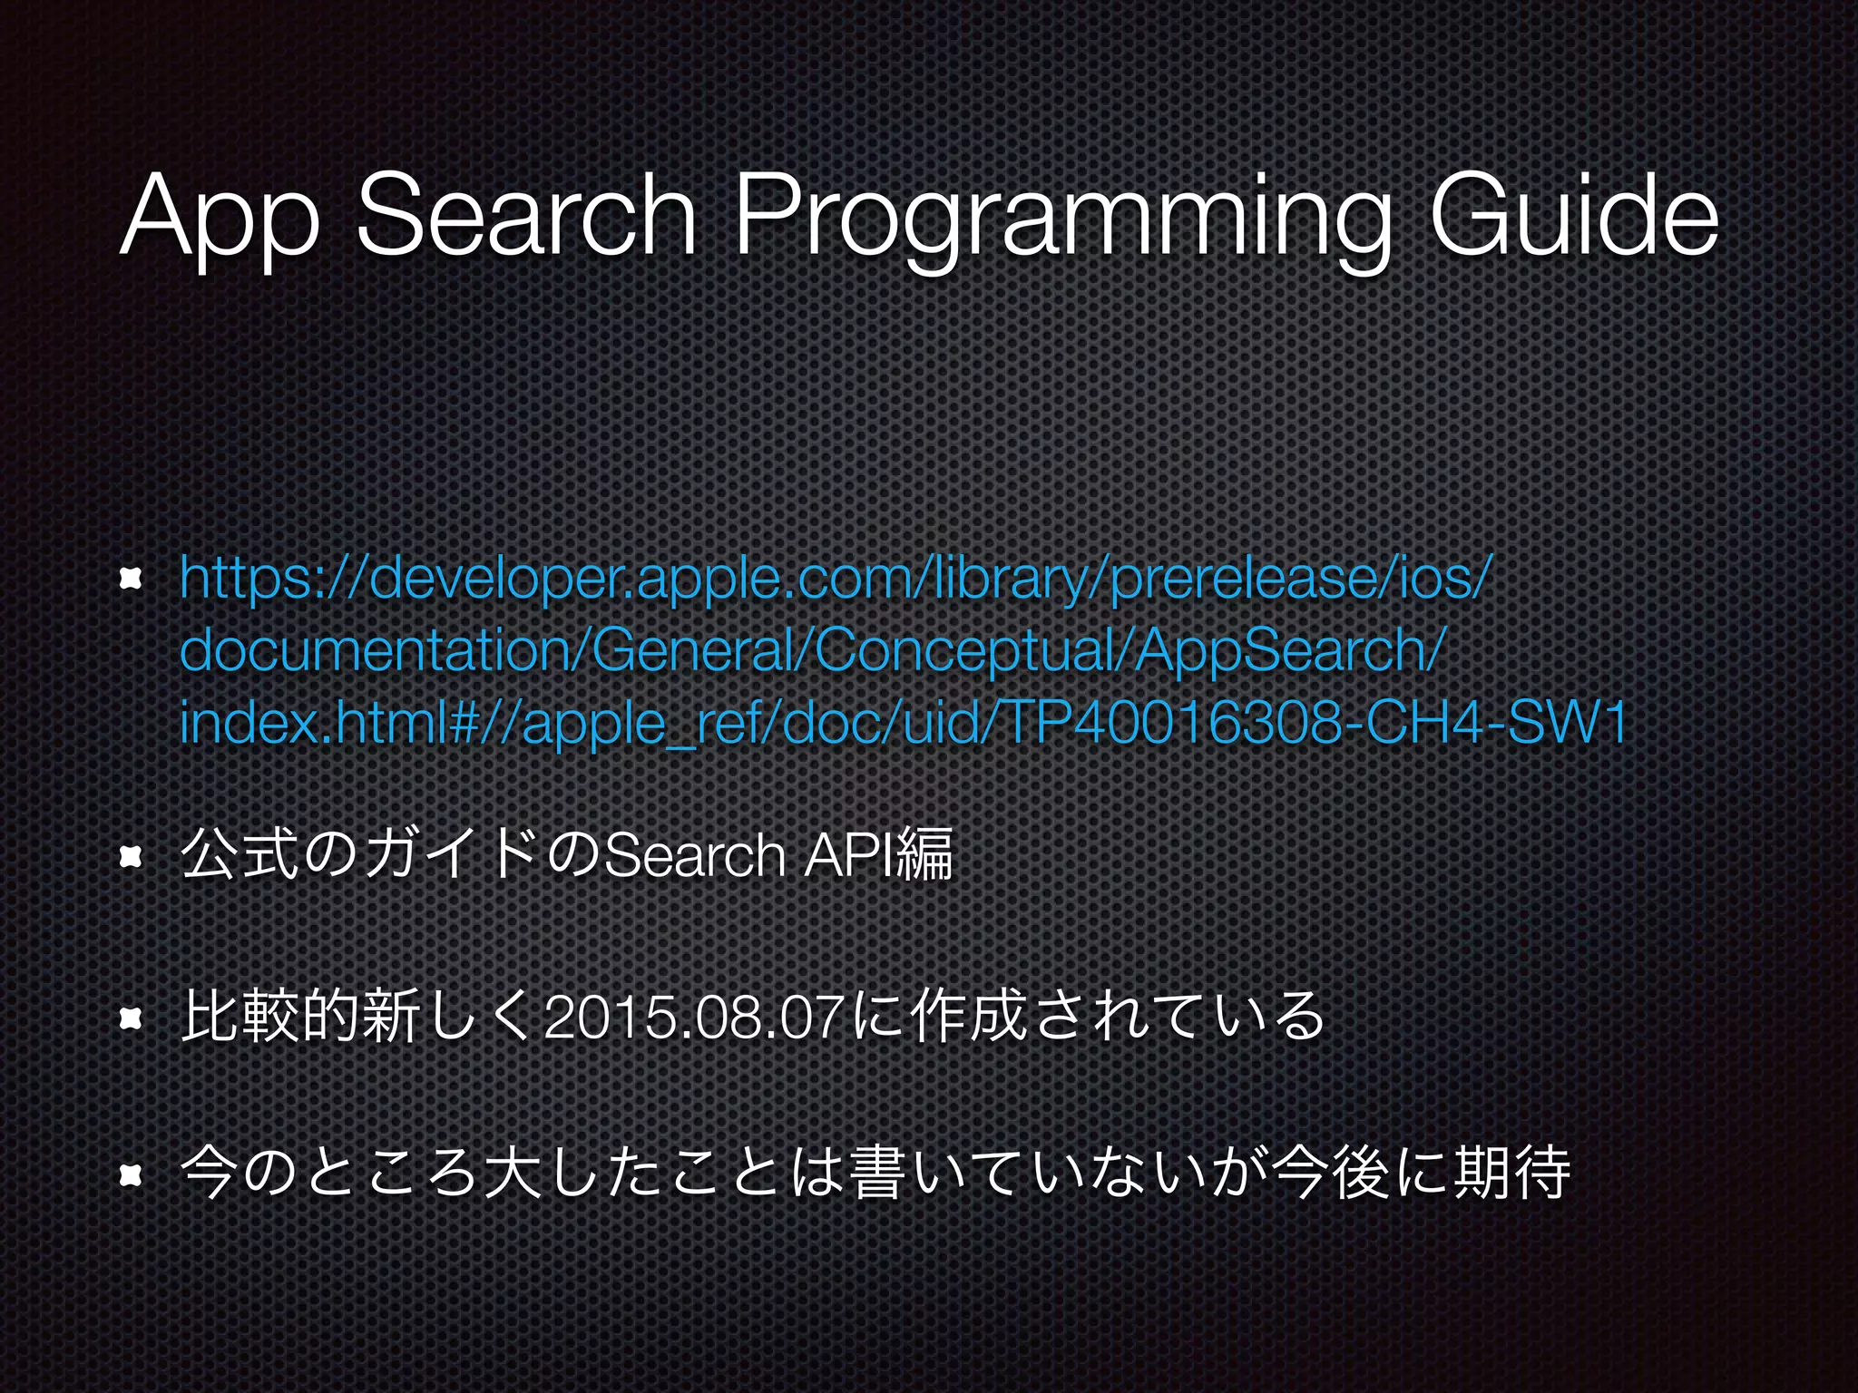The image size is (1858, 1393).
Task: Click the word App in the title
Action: click(x=219, y=218)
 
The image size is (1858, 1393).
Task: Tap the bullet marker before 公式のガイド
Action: click(x=132, y=856)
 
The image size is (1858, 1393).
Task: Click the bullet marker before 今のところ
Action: click(x=132, y=1176)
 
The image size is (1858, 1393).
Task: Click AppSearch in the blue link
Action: click(x=1279, y=651)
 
